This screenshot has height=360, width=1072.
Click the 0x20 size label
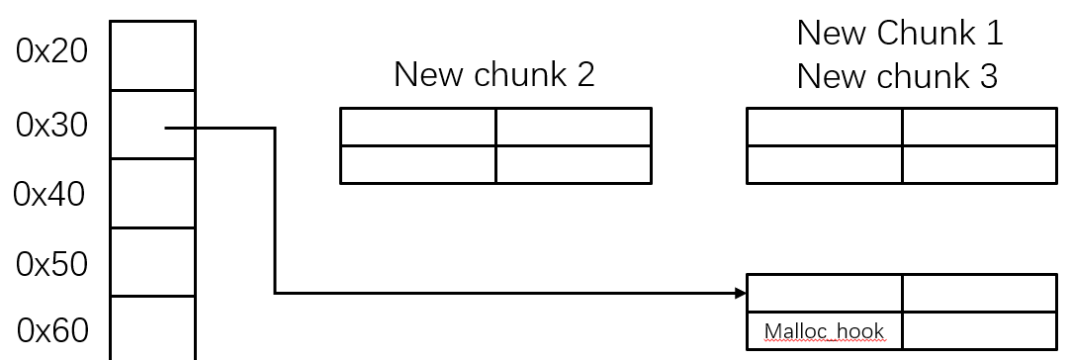(51, 51)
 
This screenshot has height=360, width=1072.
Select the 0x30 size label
(51, 125)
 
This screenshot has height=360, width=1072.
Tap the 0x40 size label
(49, 194)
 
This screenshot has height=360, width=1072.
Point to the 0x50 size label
(51, 264)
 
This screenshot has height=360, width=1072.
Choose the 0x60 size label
(51, 330)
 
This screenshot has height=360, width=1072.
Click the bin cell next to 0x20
(152, 56)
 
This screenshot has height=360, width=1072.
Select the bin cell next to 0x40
(152, 194)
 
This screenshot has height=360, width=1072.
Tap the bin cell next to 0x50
(152, 262)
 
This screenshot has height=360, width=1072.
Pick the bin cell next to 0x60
(152, 327)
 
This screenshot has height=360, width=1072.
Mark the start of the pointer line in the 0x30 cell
(166, 128)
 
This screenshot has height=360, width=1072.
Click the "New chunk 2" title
(494, 74)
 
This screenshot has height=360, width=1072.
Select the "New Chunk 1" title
(900, 33)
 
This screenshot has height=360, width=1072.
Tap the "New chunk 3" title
(898, 76)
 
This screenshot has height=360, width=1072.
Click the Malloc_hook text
(824, 331)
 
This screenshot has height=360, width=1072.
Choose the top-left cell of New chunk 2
(417, 128)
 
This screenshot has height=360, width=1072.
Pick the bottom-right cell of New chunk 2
(573, 164)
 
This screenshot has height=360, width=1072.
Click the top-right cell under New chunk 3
(979, 128)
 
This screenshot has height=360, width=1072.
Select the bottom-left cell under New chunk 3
(824, 164)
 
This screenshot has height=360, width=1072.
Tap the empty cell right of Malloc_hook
(979, 330)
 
